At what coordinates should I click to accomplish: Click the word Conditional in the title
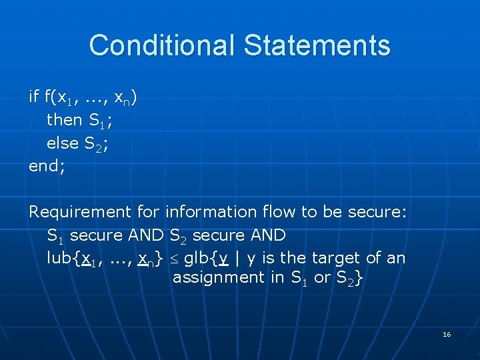click(162, 45)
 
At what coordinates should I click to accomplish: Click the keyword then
click(65, 121)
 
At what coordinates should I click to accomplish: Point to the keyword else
click(63, 143)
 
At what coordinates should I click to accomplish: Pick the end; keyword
click(47, 166)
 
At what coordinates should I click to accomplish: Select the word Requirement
click(80, 212)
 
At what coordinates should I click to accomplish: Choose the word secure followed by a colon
click(375, 212)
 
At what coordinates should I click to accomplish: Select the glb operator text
click(196, 258)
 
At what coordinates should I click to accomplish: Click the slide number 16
click(447, 334)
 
